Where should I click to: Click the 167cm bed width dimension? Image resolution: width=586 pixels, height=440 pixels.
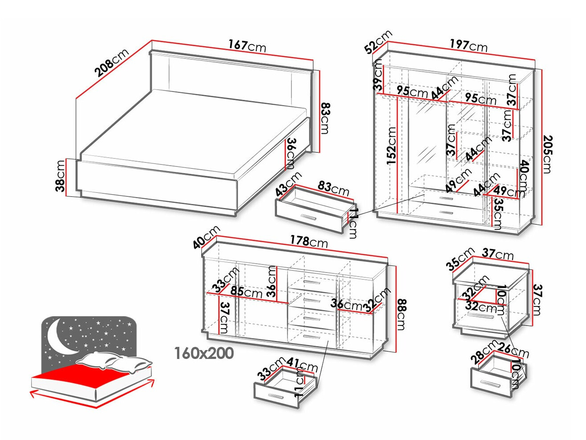[x=247, y=45]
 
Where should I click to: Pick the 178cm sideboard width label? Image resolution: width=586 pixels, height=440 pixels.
[x=309, y=241]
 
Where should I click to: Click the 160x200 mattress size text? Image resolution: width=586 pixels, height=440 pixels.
[x=204, y=353]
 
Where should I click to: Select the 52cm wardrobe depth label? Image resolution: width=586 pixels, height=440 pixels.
[x=378, y=41]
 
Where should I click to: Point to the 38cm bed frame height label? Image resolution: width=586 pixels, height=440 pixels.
[x=61, y=176]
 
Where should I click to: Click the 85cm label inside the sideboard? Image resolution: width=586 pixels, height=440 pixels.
[x=246, y=292]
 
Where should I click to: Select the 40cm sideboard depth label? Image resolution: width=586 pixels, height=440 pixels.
[x=206, y=237]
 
